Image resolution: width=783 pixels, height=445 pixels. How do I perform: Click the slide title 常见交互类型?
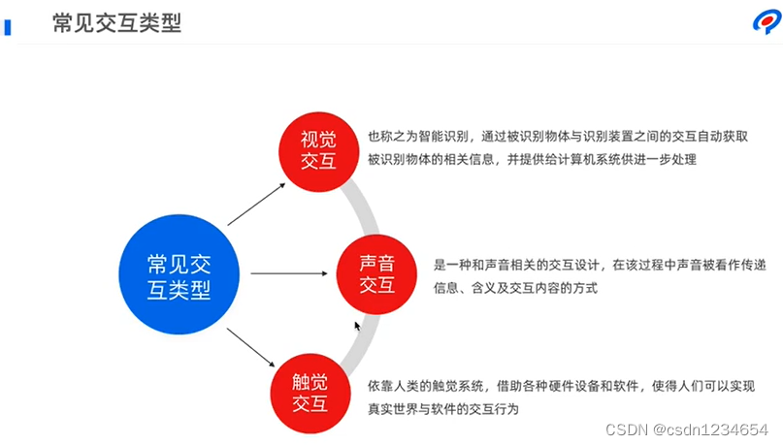click(116, 22)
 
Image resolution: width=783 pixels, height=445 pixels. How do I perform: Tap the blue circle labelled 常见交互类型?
click(179, 276)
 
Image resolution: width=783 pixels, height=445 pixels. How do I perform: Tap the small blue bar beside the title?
click(8, 25)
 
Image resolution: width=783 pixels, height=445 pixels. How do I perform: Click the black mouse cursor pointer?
click(358, 327)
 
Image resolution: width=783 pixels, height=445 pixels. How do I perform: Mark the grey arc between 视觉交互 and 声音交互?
click(368, 208)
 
